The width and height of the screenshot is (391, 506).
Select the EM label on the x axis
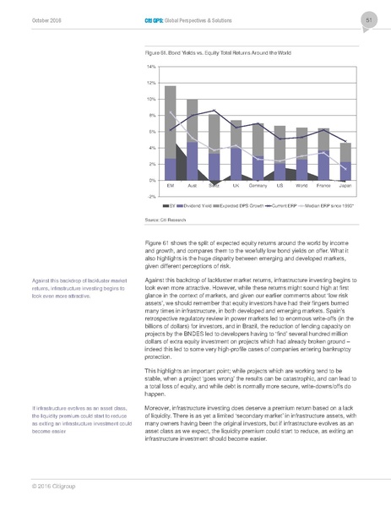coord(170,185)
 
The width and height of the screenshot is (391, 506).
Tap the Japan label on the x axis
coord(345,185)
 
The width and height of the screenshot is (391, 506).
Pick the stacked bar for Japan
coord(345,161)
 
